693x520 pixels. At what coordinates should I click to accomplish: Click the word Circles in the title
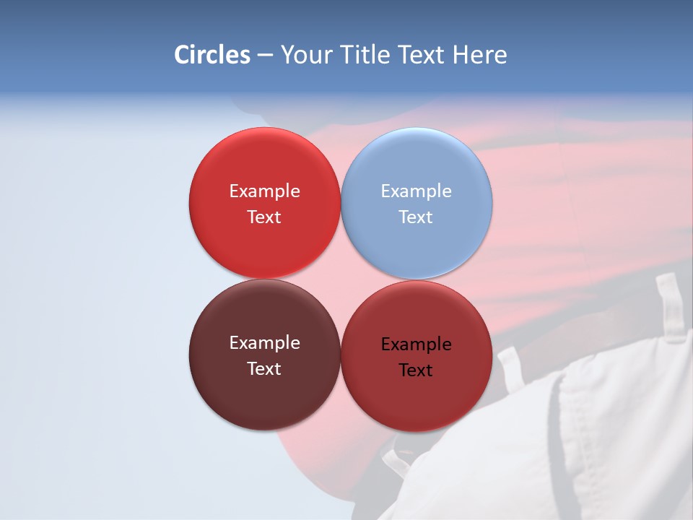click(212, 55)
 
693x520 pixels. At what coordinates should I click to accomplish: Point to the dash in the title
click(265, 56)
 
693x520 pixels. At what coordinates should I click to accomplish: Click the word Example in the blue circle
click(417, 191)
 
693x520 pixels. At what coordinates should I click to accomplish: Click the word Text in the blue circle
click(417, 217)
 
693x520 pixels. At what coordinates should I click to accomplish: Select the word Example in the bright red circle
click(264, 191)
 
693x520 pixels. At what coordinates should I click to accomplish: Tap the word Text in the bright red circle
click(264, 217)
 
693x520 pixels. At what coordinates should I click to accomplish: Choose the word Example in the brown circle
click(264, 343)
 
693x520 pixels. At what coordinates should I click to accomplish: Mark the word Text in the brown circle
click(264, 369)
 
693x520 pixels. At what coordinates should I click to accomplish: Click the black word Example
click(417, 344)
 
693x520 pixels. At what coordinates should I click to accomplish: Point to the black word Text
click(417, 370)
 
